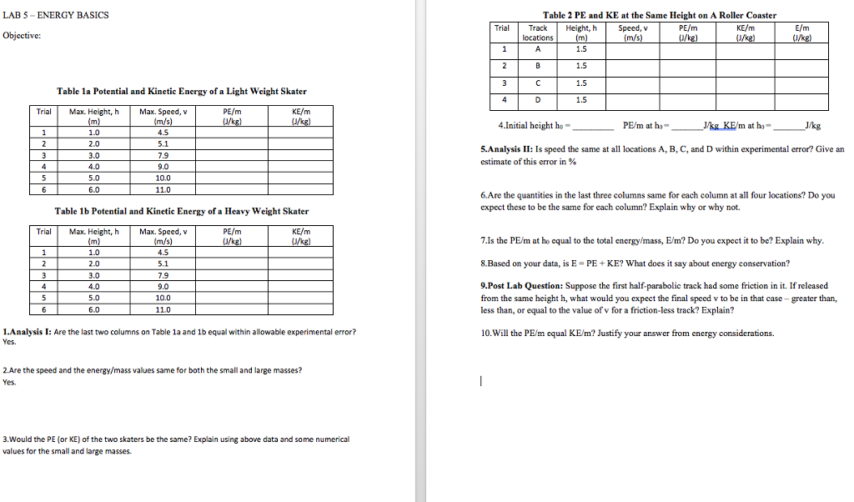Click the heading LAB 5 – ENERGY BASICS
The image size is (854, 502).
pyautogui.click(x=55, y=15)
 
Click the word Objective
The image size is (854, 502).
pyautogui.click(x=24, y=35)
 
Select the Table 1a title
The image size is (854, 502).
pyautogui.click(x=181, y=91)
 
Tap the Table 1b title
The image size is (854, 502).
pyautogui.click(x=181, y=211)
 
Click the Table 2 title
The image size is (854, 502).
pyautogui.click(x=659, y=15)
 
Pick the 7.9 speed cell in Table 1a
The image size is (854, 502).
pyautogui.click(x=163, y=153)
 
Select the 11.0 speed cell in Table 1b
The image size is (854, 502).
pyautogui.click(x=163, y=309)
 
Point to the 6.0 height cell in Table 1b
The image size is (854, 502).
pyautogui.click(x=93, y=309)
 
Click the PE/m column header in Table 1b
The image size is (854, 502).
pyautogui.click(x=233, y=236)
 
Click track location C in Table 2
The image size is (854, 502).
pyautogui.click(x=538, y=83)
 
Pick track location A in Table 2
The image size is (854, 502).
pyautogui.click(x=538, y=48)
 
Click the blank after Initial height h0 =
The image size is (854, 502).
pyautogui.click(x=592, y=127)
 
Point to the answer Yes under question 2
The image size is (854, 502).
pyautogui.click(x=10, y=382)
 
